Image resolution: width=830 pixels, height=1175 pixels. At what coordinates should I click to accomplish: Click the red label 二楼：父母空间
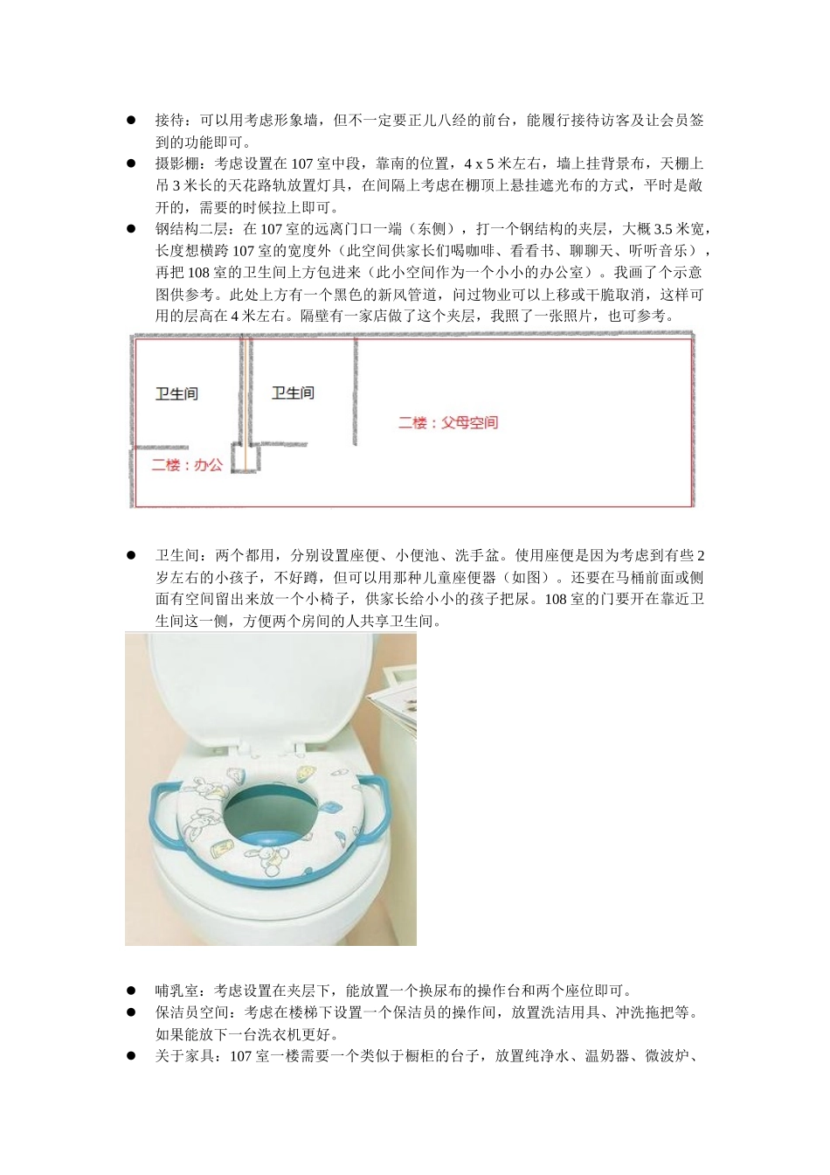click(448, 423)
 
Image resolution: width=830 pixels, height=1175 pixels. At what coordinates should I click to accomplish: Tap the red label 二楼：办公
click(187, 465)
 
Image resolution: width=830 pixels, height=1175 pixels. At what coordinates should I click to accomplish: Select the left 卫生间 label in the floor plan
click(176, 394)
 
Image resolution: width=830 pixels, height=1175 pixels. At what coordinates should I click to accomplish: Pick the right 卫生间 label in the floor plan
click(293, 393)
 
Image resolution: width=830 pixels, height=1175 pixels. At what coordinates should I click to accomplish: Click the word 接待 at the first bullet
click(169, 121)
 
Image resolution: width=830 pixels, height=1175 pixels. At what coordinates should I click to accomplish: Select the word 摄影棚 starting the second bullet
click(177, 164)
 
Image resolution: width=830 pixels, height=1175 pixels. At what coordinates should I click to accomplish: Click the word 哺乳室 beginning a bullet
click(177, 991)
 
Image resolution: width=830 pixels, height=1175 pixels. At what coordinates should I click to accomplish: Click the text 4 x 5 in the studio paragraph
click(480, 164)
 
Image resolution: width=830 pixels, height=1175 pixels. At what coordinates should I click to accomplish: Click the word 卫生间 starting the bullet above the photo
click(177, 556)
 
